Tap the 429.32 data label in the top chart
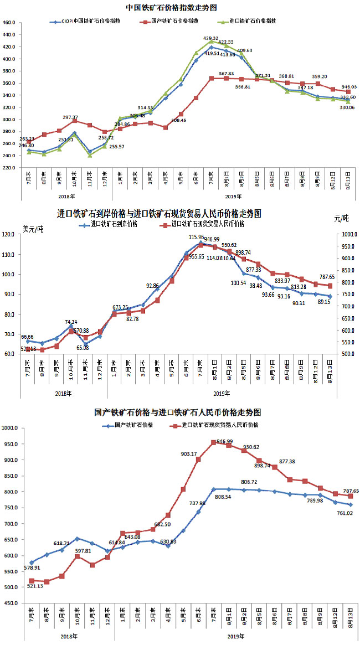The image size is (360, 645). click(211, 38)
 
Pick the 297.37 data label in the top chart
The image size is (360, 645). click(71, 118)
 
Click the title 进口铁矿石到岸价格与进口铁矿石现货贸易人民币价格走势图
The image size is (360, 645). click(159, 214)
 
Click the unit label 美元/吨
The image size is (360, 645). click(33, 228)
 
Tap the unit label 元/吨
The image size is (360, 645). click(342, 218)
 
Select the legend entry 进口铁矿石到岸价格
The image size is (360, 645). click(115, 224)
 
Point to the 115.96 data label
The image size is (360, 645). click(197, 237)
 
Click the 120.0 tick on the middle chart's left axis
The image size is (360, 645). click(9, 234)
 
